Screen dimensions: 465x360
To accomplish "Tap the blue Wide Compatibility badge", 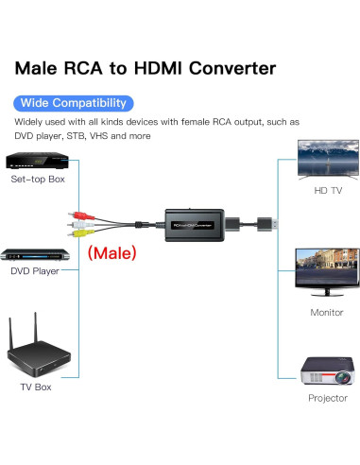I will click(74, 102).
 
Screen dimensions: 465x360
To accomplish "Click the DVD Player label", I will click(35, 270).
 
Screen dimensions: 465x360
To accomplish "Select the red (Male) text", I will click(111, 253).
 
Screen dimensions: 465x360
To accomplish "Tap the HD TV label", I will click(327, 191).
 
